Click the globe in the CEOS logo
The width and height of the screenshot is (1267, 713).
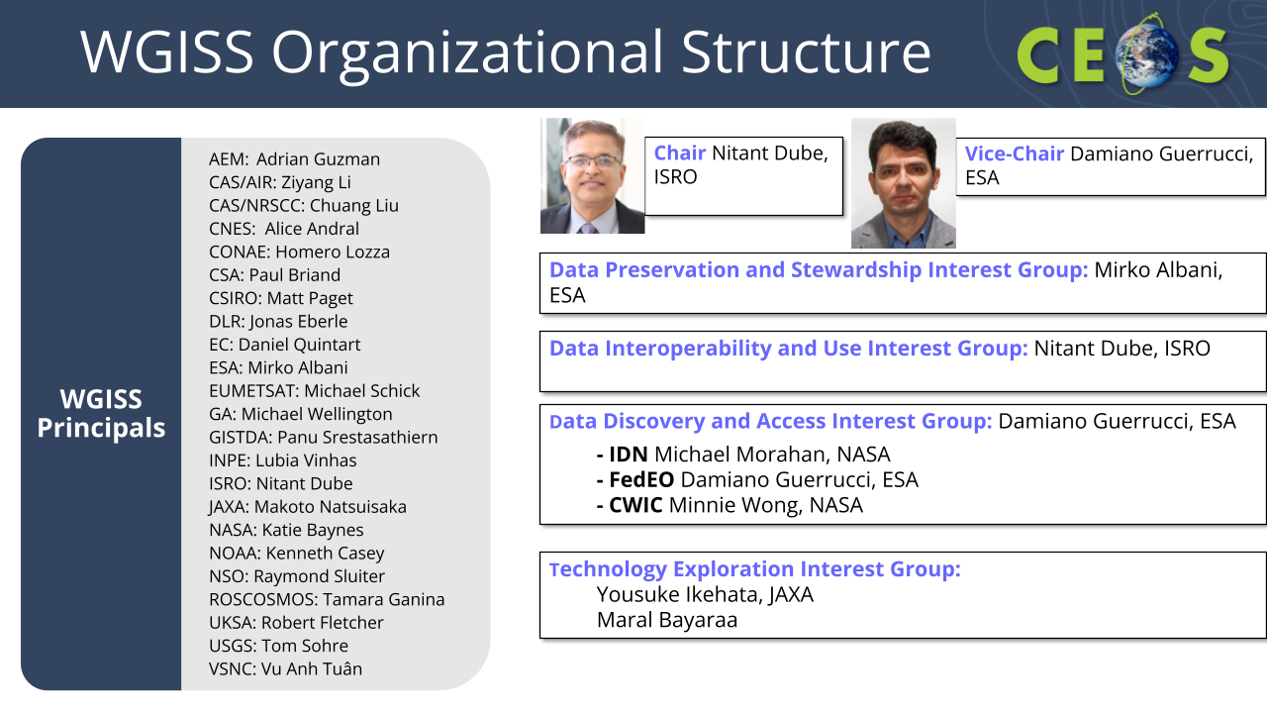coord(1146,56)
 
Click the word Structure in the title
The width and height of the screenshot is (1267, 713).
coord(806,52)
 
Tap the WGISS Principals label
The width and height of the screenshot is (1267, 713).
coord(101,414)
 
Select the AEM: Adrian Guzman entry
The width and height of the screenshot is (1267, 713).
coord(294,159)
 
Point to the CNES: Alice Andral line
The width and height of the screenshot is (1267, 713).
coord(284,229)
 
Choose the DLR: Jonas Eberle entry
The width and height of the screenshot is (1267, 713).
coord(278,322)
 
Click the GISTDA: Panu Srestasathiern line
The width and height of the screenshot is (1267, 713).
coord(323,438)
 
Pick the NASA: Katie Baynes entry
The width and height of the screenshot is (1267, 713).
coord(286,530)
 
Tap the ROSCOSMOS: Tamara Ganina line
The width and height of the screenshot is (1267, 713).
coord(327,599)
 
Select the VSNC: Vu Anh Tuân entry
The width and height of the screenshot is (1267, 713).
coord(286,668)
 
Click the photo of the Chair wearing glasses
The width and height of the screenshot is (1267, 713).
coord(592,175)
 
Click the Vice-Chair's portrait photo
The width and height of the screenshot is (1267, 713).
coord(904,183)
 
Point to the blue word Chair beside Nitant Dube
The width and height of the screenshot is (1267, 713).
coord(679,153)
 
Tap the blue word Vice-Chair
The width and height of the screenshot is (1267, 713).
coord(1015,153)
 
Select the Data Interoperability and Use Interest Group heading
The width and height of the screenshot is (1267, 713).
coord(789,349)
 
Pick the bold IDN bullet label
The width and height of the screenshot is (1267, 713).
coord(628,455)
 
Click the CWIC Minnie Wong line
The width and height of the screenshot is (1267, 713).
coord(730,505)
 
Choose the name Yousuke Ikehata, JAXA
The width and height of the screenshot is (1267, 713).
coord(705,595)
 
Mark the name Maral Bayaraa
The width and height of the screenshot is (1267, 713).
coord(667,621)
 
